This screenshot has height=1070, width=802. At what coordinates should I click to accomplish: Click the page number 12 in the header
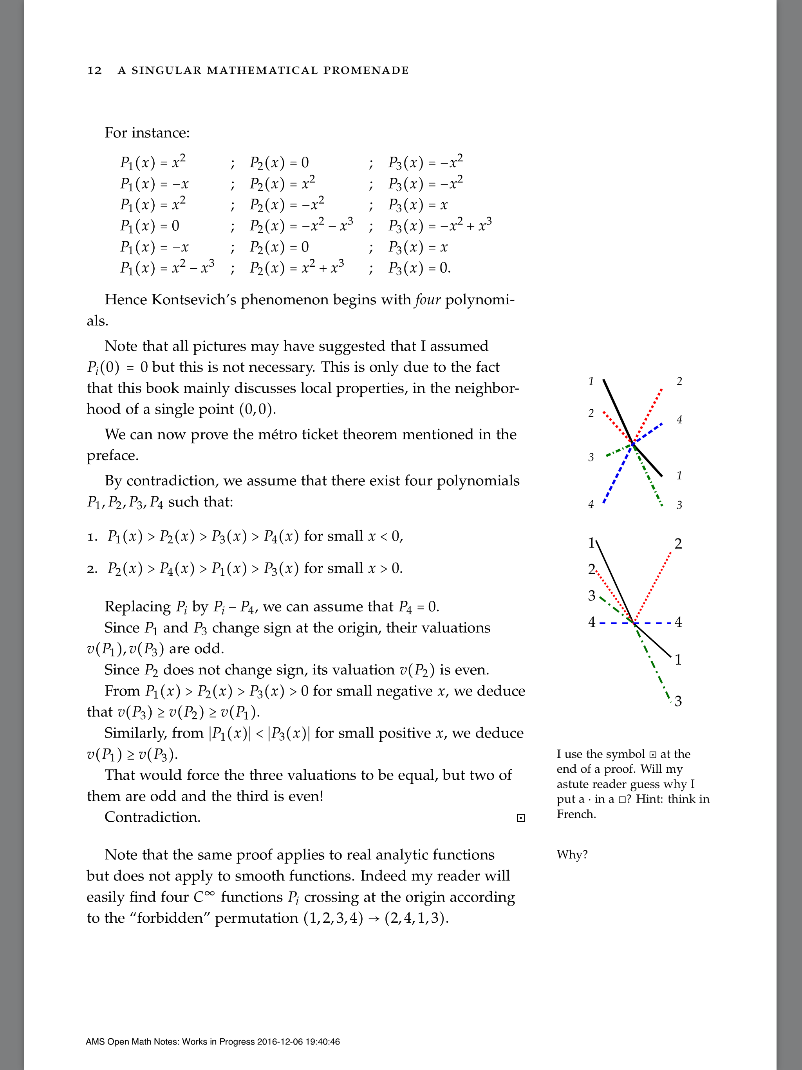[x=94, y=70]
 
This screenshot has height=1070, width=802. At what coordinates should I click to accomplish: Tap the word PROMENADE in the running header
[x=366, y=70]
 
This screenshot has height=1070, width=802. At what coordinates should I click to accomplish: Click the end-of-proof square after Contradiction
[x=520, y=818]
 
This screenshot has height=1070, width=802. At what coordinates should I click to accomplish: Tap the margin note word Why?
[x=572, y=855]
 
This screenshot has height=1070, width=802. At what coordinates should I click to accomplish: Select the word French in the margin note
[x=576, y=814]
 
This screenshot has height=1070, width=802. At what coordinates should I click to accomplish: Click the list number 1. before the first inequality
[x=92, y=537]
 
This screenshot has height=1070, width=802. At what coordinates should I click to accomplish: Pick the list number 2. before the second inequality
[x=92, y=569]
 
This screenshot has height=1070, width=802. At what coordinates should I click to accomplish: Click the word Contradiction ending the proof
[x=152, y=817]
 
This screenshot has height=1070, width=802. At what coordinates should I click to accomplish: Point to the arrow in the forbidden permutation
[x=374, y=918]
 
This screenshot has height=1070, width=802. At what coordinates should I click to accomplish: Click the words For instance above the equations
[x=146, y=133]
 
